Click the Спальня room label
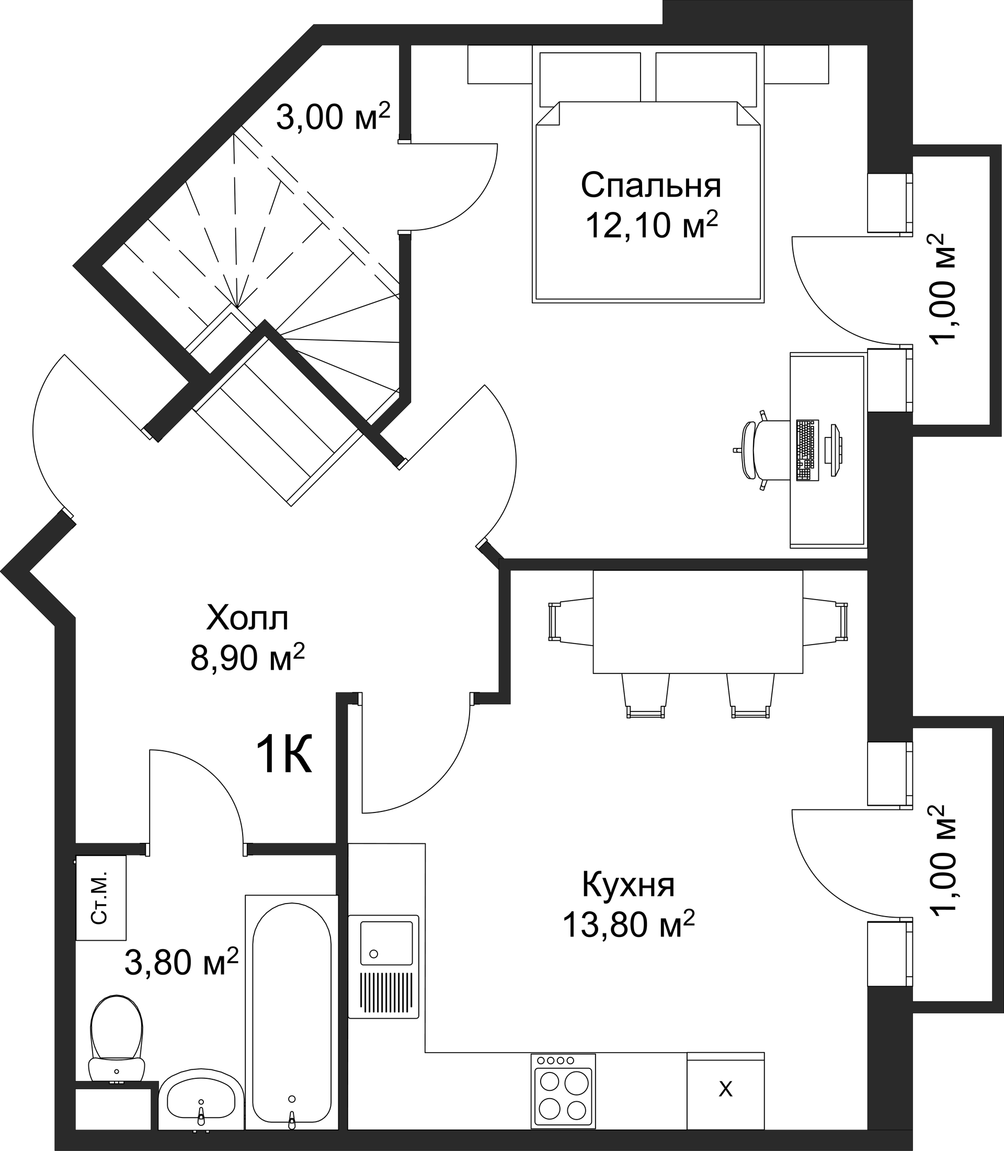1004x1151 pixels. [x=651, y=186]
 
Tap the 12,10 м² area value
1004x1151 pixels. [x=652, y=225]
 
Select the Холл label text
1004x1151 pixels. [x=248, y=618]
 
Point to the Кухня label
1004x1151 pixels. [x=629, y=885]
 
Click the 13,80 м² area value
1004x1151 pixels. [x=629, y=924]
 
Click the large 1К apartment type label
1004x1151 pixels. [x=283, y=754]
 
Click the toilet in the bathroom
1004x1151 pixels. [x=117, y=1040]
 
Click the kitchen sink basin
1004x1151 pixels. [x=386, y=942]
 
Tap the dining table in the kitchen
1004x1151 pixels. [x=698, y=622]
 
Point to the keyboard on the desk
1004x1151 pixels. [x=807, y=449]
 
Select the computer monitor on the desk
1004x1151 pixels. [x=834, y=450]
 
